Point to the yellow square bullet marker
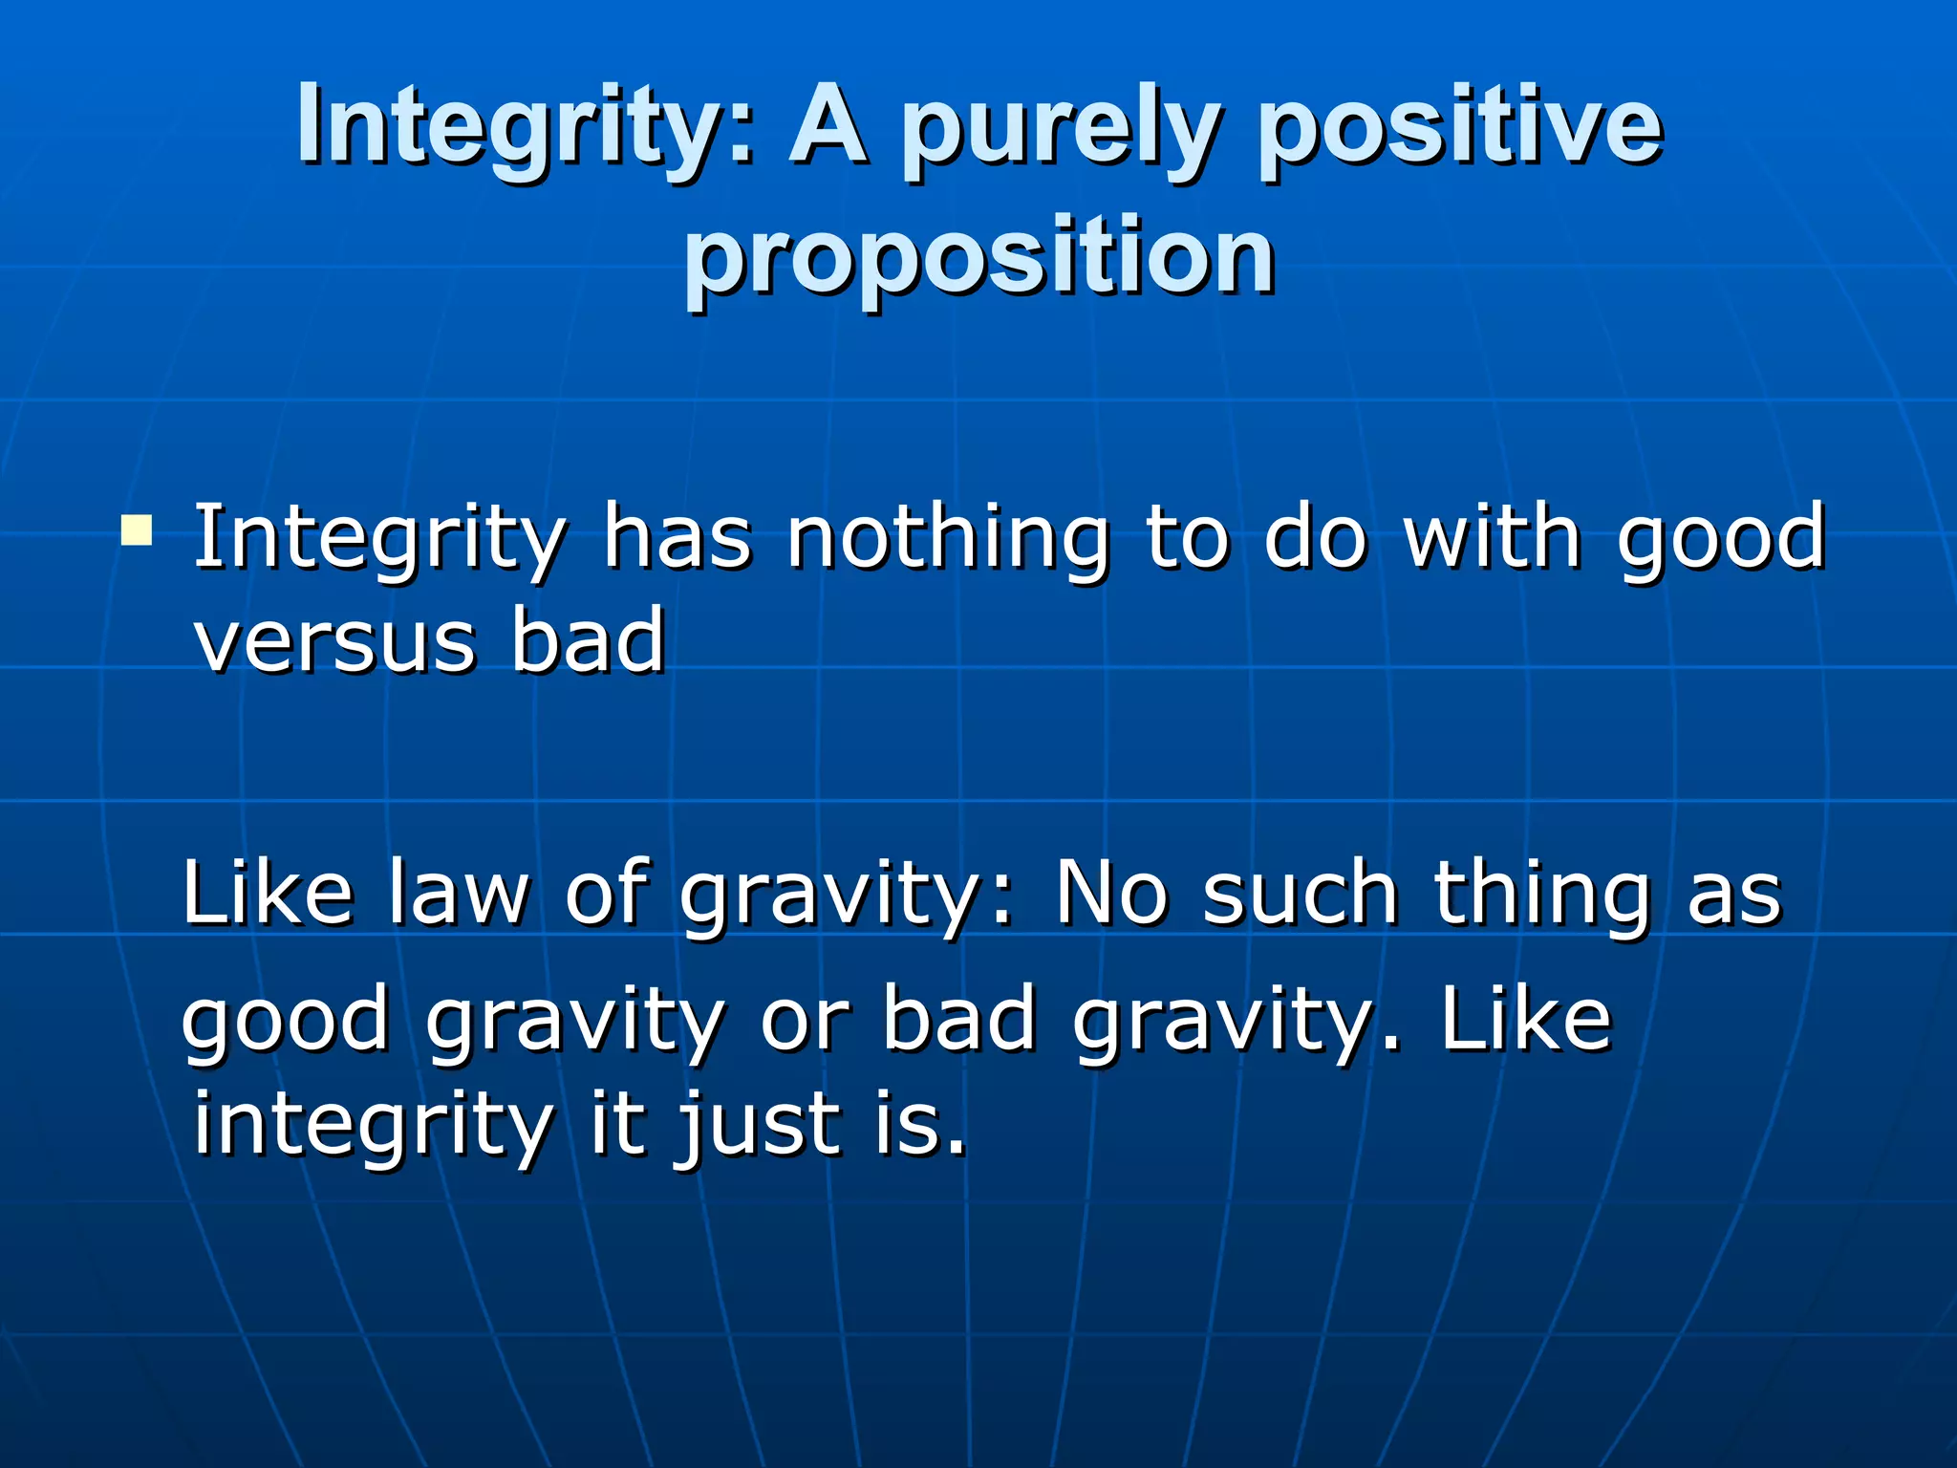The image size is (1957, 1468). coord(137,529)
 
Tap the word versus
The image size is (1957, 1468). coord(334,641)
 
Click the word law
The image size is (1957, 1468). coord(458,893)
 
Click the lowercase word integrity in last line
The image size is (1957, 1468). coord(373,1126)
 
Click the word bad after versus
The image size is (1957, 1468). coord(587,641)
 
